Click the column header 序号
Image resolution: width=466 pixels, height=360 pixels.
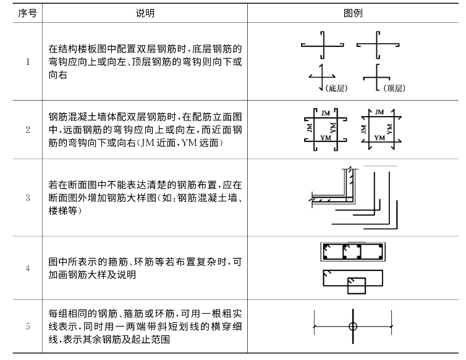[x=27, y=14]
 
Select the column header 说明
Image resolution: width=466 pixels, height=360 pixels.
[x=145, y=14]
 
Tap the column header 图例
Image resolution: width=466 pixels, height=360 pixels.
[x=353, y=14]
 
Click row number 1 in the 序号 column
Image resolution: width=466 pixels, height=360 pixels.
[x=28, y=62]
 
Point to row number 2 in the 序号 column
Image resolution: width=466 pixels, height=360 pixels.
[x=28, y=130]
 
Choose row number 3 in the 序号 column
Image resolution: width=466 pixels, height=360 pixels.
[x=28, y=198]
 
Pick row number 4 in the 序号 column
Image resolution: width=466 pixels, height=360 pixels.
[x=28, y=268]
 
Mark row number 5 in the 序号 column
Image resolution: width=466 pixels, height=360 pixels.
[x=28, y=327]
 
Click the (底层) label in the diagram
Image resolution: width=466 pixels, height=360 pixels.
[x=336, y=88]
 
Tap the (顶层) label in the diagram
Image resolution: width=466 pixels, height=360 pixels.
[x=394, y=88]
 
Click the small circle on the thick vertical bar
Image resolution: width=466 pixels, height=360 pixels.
[x=353, y=327]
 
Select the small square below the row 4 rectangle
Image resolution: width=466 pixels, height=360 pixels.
[x=357, y=286]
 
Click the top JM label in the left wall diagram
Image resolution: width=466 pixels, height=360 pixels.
[x=326, y=113]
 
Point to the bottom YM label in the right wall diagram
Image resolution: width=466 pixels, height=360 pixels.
[x=379, y=138]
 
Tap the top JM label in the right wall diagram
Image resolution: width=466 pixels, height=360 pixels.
[x=379, y=112]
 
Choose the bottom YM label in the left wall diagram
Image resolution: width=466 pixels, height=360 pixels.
[x=326, y=138]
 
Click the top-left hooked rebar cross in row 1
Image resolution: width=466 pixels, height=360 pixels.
[x=323, y=45]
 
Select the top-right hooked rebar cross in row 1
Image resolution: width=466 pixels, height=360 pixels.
[x=377, y=45]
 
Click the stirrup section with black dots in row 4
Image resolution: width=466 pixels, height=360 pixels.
[x=353, y=252]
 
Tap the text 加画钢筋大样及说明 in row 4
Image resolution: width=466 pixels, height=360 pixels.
[x=92, y=275]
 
